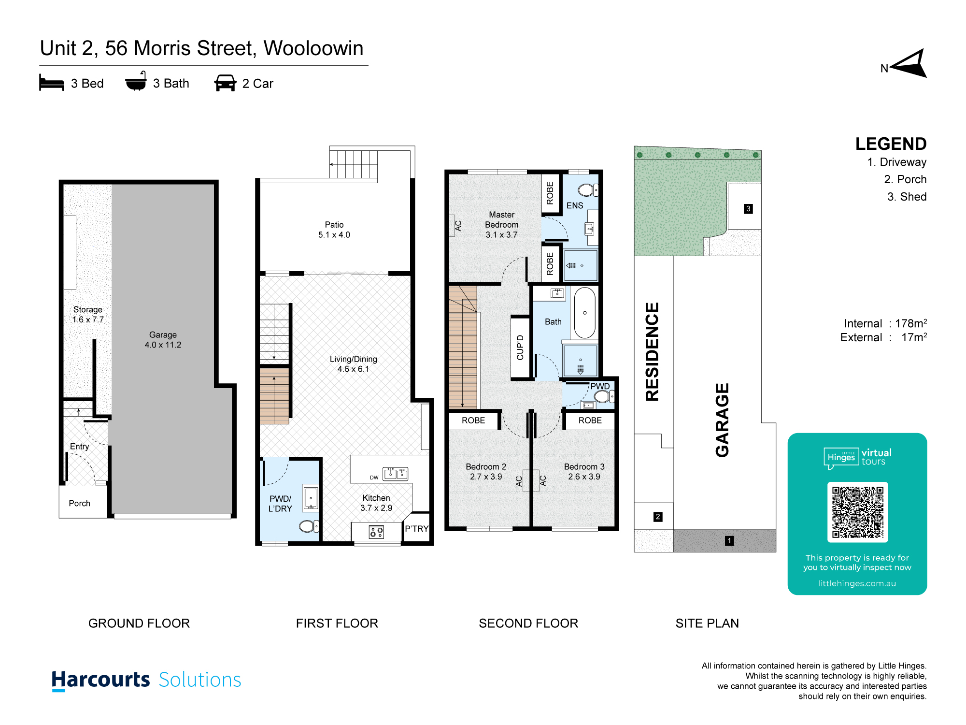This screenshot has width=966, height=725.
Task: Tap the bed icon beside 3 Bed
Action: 52,83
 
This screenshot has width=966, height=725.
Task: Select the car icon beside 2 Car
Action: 225,83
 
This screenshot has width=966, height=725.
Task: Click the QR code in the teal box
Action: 857,512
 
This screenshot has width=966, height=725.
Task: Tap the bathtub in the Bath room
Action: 585,313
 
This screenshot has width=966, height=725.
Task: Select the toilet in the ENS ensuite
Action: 588,190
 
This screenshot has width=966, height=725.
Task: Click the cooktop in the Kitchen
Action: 376,532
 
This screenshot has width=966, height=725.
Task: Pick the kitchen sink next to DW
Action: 396,473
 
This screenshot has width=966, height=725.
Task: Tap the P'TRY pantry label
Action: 417,528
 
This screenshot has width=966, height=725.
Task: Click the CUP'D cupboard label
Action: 520,348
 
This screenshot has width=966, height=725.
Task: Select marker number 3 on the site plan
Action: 748,209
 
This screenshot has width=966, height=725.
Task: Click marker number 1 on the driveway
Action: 729,541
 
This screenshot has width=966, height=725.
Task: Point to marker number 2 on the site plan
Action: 658,517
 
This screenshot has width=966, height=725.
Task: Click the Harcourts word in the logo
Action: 101,680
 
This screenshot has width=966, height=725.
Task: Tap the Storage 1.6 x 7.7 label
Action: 88,315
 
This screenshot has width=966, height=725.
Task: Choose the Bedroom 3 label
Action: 584,472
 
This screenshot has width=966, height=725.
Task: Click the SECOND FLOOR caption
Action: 528,623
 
